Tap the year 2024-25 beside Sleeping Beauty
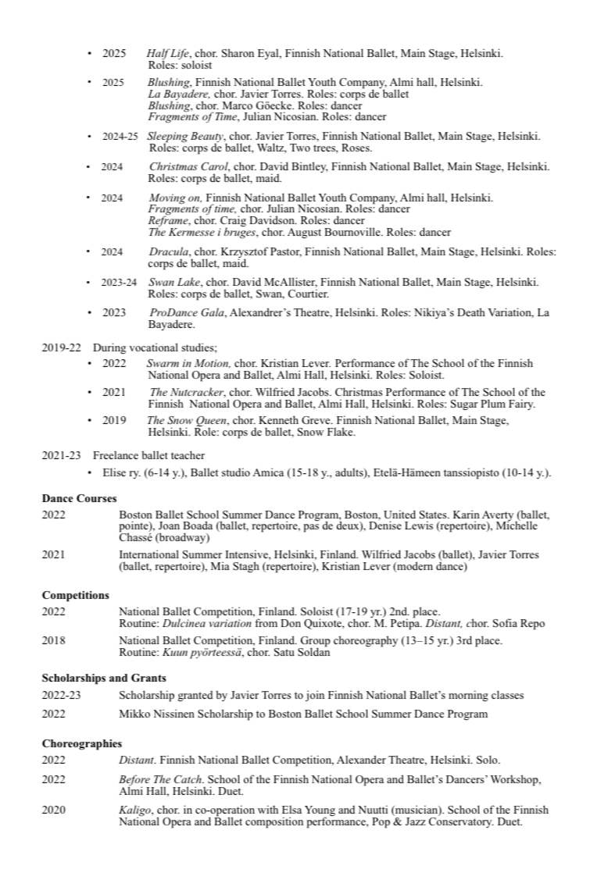(120, 136)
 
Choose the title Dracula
(169, 251)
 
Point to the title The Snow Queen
(175, 420)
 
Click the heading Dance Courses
(79, 498)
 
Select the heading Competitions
(75, 595)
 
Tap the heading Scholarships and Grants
(103, 678)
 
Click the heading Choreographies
(81, 743)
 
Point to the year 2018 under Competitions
(54, 640)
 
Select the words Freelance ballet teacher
(148, 455)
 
